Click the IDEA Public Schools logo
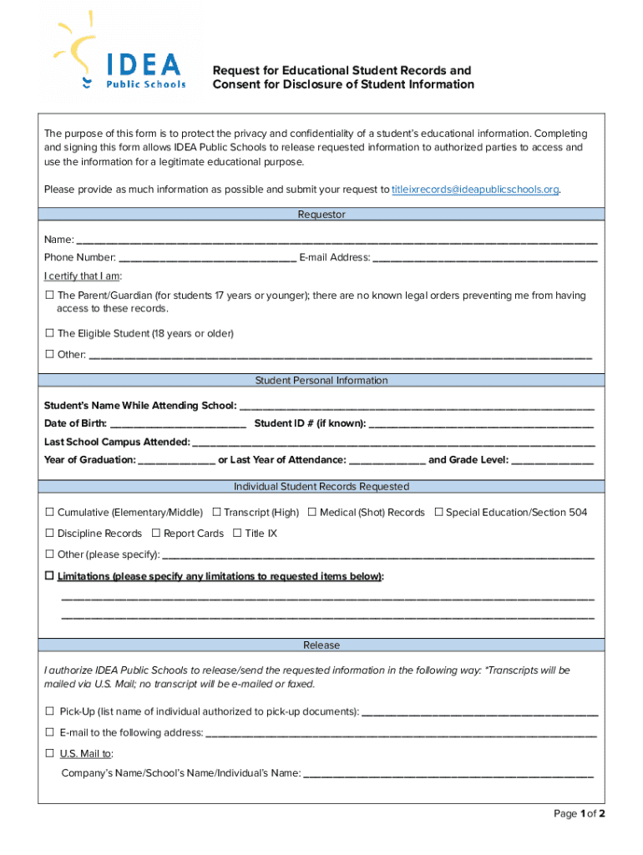(121, 50)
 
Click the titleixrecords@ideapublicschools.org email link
(475, 190)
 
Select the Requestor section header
(321, 215)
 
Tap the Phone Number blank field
(207, 258)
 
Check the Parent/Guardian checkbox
(49, 296)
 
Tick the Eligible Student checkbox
(49, 333)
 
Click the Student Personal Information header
(321, 380)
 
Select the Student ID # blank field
(481, 424)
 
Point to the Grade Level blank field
(552, 460)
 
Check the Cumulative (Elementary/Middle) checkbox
(49, 512)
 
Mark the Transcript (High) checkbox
(216, 512)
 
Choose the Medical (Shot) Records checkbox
(312, 512)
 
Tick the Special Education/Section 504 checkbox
(438, 512)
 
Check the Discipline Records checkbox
(49, 533)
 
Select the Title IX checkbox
(237, 533)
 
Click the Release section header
(321, 645)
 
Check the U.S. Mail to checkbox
(49, 753)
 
